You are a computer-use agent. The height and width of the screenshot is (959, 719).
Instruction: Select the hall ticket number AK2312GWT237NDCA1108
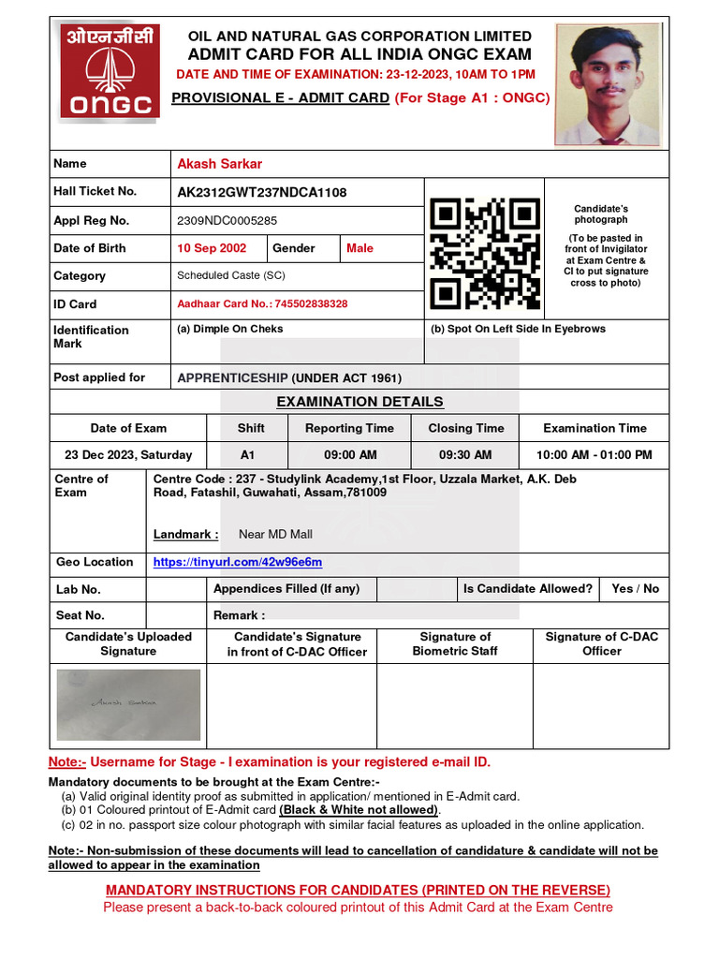[x=262, y=192]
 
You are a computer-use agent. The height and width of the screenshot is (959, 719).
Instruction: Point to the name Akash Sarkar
[x=220, y=164]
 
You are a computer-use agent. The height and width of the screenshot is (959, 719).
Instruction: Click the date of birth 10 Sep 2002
[x=212, y=248]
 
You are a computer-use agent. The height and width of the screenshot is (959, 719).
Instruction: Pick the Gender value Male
[x=359, y=248]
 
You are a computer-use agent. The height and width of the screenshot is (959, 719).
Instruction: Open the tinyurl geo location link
[x=238, y=562]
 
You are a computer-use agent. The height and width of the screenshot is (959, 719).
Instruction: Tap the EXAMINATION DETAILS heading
[x=359, y=402]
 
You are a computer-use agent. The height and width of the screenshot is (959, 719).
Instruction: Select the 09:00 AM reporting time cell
[x=350, y=455]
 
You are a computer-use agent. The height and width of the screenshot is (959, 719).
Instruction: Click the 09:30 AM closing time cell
[x=465, y=455]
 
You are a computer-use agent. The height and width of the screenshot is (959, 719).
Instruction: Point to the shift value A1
[x=247, y=455]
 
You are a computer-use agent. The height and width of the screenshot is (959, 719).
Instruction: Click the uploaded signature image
[x=128, y=705]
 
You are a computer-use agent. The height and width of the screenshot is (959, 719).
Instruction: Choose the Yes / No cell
[x=635, y=589]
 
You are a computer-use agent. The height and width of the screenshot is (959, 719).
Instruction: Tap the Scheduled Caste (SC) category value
[x=231, y=276]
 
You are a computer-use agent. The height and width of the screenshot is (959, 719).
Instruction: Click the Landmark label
[x=186, y=535]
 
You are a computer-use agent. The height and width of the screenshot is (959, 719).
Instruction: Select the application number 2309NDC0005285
[x=227, y=221]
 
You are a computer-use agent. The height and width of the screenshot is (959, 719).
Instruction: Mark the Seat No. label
[x=81, y=615]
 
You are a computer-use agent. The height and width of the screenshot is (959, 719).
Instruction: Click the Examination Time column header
[x=594, y=428]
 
